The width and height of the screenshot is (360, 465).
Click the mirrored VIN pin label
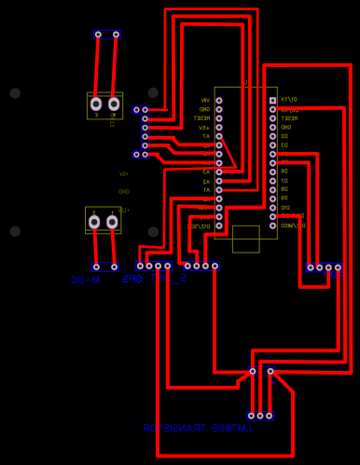pyautogui.click(x=205, y=100)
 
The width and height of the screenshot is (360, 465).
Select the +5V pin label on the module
pyautogui.click(x=203, y=127)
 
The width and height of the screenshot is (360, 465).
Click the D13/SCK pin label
pyautogui.click(x=199, y=226)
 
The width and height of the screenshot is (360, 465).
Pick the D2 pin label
pyautogui.click(x=284, y=136)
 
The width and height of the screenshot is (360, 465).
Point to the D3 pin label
pyautogui.click(x=284, y=145)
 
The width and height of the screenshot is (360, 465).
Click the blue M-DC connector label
pyautogui.click(x=85, y=279)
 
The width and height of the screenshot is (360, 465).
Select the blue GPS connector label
pyautogui.click(x=132, y=279)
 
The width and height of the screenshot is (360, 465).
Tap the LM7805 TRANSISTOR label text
pyautogui.click(x=196, y=429)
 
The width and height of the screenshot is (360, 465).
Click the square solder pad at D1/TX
pyautogui.click(x=272, y=100)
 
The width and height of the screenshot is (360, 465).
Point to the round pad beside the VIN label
pyautogui.click(x=219, y=100)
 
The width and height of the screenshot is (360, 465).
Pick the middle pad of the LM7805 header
pyautogui.click(x=260, y=416)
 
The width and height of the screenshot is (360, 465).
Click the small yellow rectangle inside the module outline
pyautogui.click(x=245, y=239)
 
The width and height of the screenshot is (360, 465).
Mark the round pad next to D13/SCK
pyautogui.click(x=219, y=226)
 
